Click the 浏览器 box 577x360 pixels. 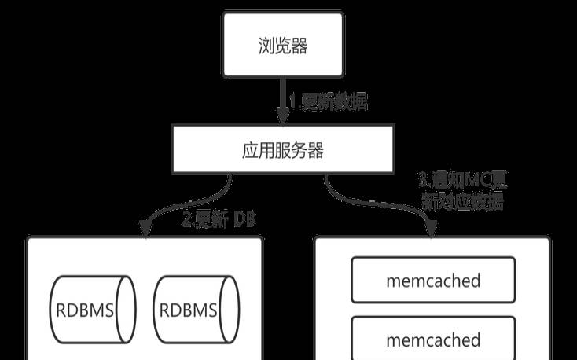[x=283, y=45]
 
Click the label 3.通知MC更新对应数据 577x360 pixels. [x=464, y=189]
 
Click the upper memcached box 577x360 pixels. [x=433, y=281]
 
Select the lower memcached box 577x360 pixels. [x=433, y=340]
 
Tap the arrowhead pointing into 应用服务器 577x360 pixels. [x=283, y=116]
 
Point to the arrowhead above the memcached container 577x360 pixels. [x=432, y=229]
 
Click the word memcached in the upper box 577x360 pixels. [x=433, y=281]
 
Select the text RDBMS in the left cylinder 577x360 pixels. [x=83, y=310]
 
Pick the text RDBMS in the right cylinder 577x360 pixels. [x=189, y=310]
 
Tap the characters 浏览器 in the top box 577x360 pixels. [x=283, y=45]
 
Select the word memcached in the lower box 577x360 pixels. [x=433, y=340]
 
